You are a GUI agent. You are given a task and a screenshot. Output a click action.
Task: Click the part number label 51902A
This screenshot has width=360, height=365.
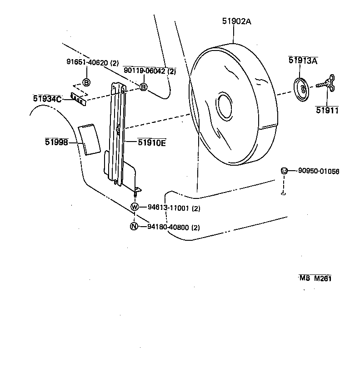point(236,21)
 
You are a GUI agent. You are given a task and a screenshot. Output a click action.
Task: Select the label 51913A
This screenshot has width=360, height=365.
point(303,61)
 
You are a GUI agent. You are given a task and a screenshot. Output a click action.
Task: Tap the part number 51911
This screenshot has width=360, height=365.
point(327,110)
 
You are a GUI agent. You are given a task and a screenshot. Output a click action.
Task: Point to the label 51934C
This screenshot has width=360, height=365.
point(47,98)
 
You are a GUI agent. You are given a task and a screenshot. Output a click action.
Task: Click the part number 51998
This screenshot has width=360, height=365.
point(56,142)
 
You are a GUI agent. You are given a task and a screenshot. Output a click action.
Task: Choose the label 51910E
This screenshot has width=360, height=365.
point(152,142)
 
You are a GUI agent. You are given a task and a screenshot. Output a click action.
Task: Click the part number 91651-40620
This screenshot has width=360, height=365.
point(89,63)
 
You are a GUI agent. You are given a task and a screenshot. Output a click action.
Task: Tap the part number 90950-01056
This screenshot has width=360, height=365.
point(319,171)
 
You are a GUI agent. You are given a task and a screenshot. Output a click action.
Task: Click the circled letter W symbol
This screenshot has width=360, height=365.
point(135,208)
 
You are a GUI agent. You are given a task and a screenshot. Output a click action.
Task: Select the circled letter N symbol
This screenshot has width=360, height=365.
point(134,227)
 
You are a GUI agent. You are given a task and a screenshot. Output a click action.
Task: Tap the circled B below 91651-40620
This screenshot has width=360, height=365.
point(86,82)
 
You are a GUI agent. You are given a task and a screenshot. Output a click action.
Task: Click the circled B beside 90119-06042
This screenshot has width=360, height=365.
point(143,86)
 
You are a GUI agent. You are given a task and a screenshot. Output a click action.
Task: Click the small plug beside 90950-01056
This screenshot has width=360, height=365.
point(284,171)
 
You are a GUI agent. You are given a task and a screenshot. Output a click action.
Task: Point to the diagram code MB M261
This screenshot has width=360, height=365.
point(315,278)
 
